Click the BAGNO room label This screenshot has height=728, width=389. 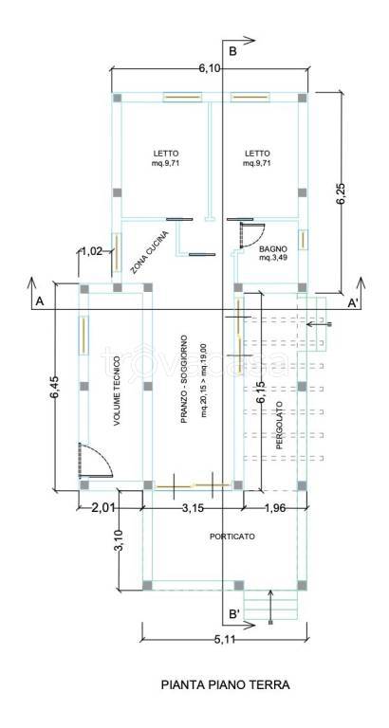pos(273,248)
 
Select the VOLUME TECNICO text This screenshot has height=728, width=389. pos(117,391)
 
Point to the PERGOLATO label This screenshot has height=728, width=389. pos(279,426)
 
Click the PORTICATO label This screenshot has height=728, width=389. pos(232,537)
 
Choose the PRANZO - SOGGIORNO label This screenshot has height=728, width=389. pos(184,379)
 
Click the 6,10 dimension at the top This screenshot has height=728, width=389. pos(210,68)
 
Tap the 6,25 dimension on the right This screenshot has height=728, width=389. pos(343,191)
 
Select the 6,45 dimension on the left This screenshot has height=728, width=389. pos(56,387)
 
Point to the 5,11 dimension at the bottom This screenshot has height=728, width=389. pos(225,640)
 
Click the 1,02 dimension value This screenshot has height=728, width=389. pos(92,251)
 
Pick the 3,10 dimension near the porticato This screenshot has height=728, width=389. pos(118,541)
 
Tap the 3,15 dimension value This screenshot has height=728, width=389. pos(193,508)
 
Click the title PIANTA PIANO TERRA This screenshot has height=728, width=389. pos(225,684)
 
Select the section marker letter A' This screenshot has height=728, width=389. pos(353,302)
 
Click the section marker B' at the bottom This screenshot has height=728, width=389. pos(234,614)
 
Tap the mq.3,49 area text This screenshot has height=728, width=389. pos(273,257)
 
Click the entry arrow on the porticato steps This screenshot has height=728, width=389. pos(271,606)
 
